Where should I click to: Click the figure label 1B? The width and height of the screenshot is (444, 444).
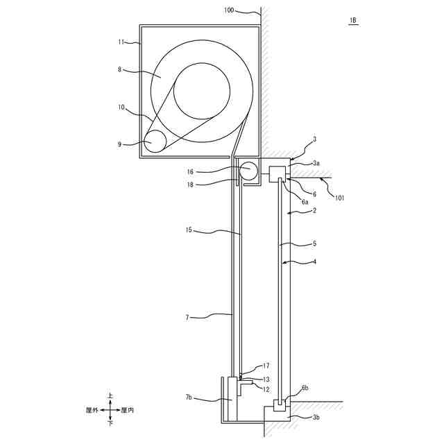[353, 20]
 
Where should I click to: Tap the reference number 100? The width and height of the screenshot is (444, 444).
[229, 10]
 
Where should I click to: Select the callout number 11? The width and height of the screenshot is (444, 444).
[121, 42]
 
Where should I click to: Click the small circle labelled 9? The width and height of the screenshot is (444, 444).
[155, 141]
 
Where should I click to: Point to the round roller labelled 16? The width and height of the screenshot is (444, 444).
[248, 171]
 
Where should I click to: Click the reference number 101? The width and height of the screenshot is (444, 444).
[339, 198]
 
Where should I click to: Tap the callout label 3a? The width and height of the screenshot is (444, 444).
[316, 163]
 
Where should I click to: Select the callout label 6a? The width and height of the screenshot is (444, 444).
[305, 202]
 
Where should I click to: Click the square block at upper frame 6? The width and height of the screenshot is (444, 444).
[277, 174]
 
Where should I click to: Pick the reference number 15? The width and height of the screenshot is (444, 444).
[189, 230]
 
